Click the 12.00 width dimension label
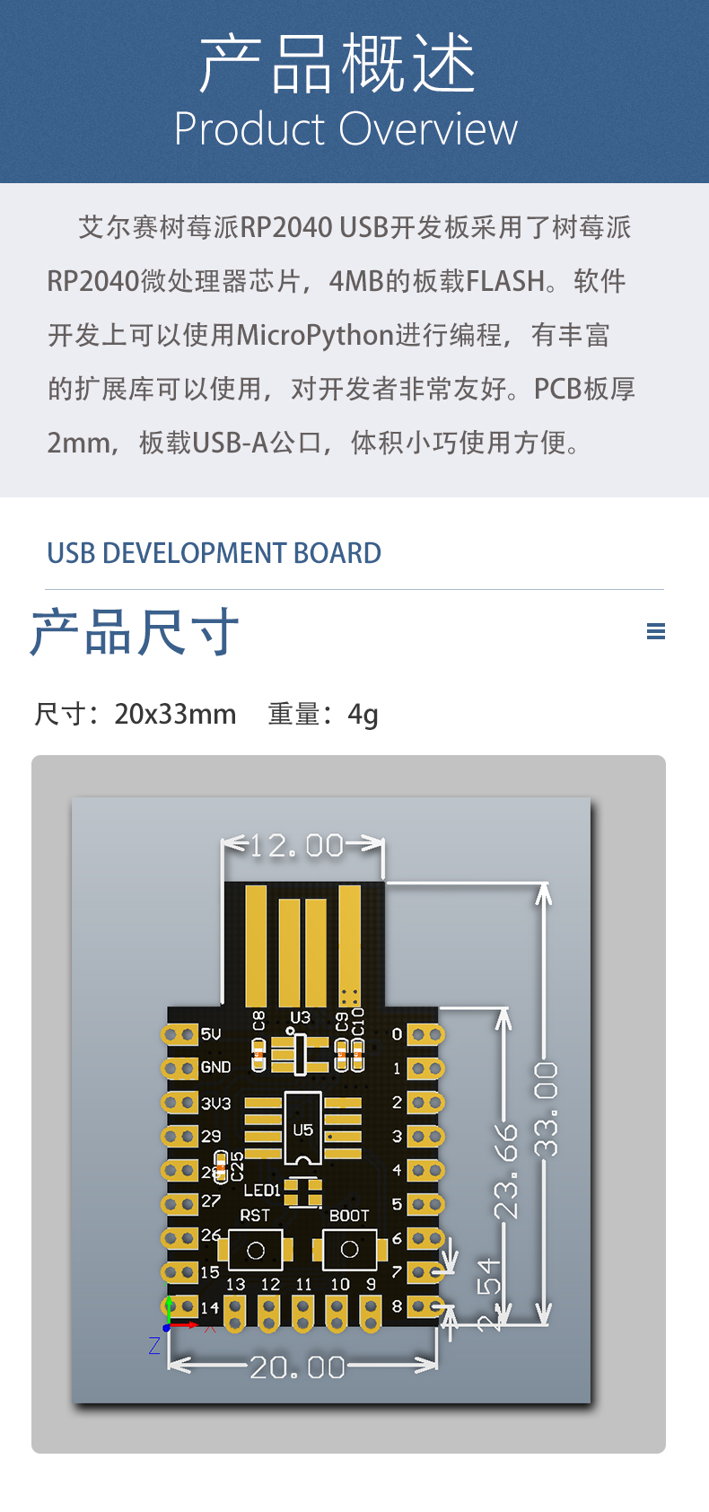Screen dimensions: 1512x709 pyautogui.click(x=297, y=846)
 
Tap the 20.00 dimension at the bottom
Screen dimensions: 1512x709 pyautogui.click(x=297, y=1367)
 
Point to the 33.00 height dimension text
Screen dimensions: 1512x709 pyautogui.click(x=546, y=1109)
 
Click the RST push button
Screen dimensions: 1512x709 pyautogui.click(x=256, y=1250)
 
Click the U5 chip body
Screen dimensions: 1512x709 pyautogui.click(x=303, y=1130)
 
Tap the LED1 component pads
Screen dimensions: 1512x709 pyautogui.click(x=303, y=1192)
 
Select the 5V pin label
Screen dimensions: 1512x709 pyautogui.click(x=211, y=1034)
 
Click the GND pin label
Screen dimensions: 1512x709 pyautogui.click(x=215, y=1068)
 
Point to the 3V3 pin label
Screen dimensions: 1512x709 pyautogui.click(x=215, y=1103)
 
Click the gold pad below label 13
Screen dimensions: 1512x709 pyautogui.click(x=235, y=1314)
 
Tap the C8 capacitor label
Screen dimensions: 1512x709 pyautogui.click(x=258, y=1021)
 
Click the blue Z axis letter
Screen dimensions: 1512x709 pyautogui.click(x=154, y=1345)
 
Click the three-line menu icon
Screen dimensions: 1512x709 pyautogui.click(x=656, y=631)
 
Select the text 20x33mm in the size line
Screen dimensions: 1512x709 pyautogui.click(x=175, y=715)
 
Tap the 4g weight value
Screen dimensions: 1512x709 pyautogui.click(x=363, y=715)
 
